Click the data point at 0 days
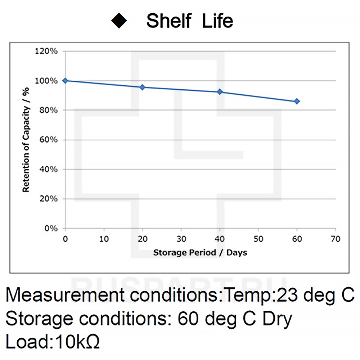65,81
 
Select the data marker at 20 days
142,87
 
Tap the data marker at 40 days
220,92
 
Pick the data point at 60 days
297,102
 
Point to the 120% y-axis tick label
46,51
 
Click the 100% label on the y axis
46,81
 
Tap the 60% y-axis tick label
48,140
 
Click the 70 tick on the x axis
335,239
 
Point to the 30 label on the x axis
181,239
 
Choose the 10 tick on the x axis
104,239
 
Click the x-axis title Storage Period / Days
200,252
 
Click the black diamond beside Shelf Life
119,21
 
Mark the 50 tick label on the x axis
258,239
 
